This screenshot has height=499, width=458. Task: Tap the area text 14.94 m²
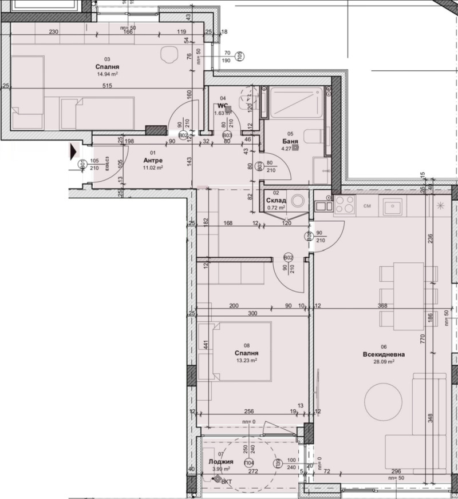pos(107,74)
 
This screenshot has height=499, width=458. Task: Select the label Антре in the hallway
pos(152,161)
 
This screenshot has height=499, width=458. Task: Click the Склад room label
pos(275,201)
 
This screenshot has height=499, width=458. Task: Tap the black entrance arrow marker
pos(72,152)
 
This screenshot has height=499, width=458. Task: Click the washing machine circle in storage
pos(298,201)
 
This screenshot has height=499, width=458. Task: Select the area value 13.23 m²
pos(246,361)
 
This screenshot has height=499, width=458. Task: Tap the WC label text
pos(223,106)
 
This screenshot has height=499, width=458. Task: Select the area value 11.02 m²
pos(152,169)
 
